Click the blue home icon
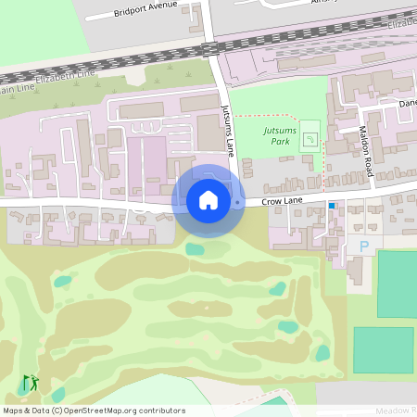(x=208, y=200)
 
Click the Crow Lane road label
(x=284, y=200)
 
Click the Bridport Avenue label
(x=143, y=12)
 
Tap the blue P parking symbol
(x=363, y=246)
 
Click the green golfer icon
(x=31, y=382)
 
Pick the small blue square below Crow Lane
(x=332, y=206)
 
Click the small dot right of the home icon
(x=238, y=201)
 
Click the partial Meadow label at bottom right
(x=396, y=410)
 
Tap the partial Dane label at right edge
(x=407, y=104)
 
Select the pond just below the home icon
(x=195, y=248)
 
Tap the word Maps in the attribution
(x=13, y=411)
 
